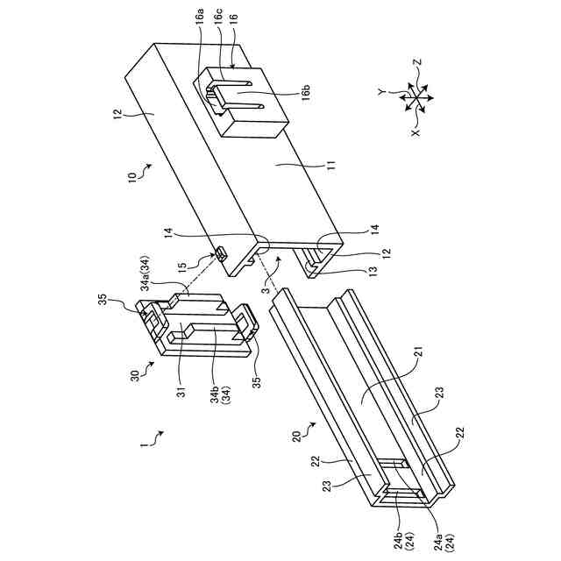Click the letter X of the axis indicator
(417, 131)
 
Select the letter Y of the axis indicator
(383, 89)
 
